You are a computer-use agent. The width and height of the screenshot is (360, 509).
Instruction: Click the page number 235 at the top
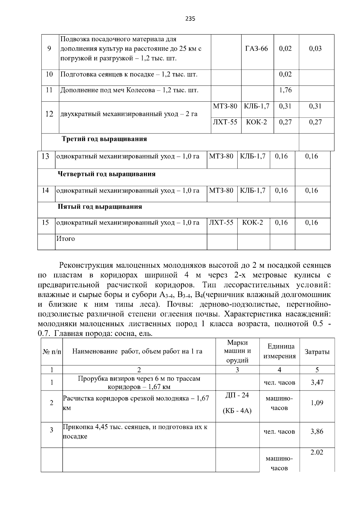[190, 19]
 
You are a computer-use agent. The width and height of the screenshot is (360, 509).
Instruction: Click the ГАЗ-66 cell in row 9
[256, 49]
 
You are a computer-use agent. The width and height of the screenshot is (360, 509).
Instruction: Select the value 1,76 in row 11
[285, 90]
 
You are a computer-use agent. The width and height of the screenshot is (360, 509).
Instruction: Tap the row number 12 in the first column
[49, 114]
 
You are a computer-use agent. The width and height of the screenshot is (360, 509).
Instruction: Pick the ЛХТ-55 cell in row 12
[225, 122]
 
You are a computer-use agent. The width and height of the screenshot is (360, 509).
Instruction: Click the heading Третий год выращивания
[104, 139]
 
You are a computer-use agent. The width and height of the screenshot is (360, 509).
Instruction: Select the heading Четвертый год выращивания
[106, 174]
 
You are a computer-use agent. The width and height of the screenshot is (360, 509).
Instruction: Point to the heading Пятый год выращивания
[100, 207]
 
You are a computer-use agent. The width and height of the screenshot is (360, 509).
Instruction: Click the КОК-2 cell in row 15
[252, 223]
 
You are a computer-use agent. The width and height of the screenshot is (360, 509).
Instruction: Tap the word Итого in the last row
[66, 239]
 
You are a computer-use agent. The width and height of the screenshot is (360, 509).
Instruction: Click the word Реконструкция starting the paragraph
[85, 265]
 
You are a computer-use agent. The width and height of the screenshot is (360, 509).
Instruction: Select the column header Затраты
[317, 352]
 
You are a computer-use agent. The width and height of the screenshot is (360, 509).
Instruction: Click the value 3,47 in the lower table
[317, 382]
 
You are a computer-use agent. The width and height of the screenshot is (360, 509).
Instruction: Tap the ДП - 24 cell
[237, 395]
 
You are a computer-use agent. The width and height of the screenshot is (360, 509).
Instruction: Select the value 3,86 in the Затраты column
[317, 432]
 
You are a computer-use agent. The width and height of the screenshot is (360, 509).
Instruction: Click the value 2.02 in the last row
[317, 452]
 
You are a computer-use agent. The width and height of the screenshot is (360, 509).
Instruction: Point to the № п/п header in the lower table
[52, 352]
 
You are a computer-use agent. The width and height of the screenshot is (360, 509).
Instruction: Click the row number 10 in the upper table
[49, 74]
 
